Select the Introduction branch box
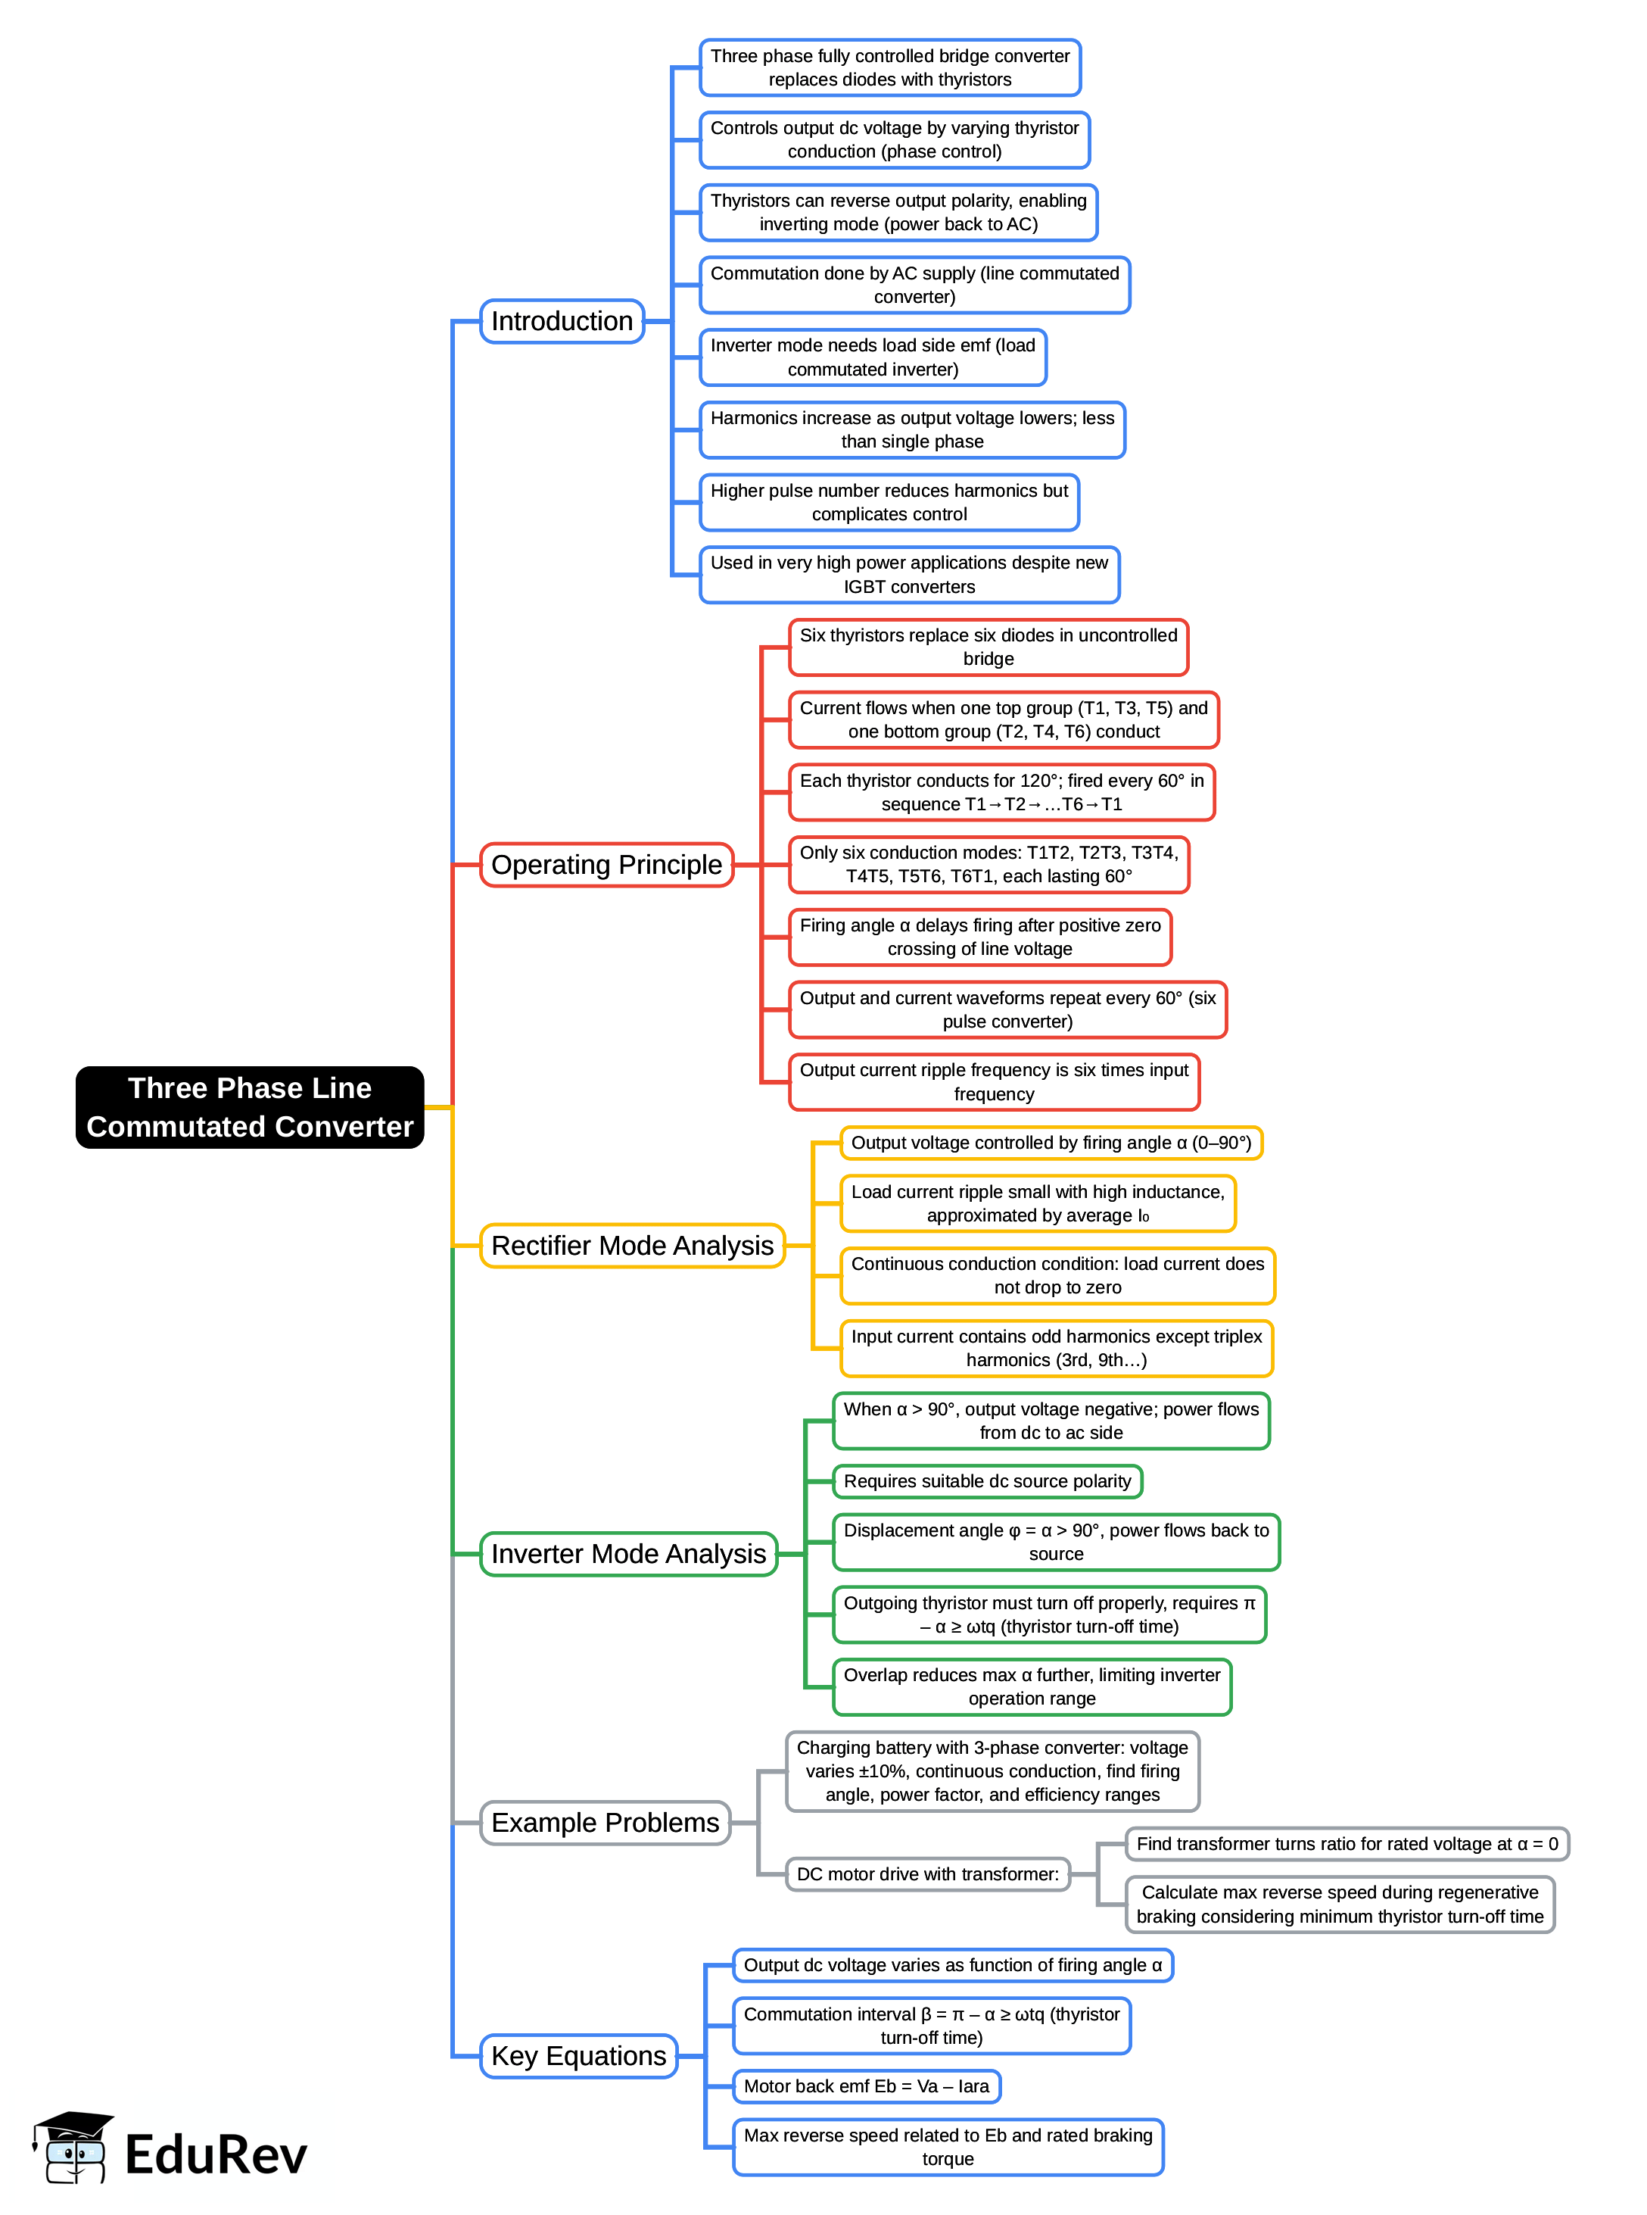coord(562,321)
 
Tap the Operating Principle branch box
coord(606,865)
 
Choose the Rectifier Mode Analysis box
coord(632,1246)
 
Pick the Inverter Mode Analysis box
coord(628,1554)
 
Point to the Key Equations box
coord(578,2057)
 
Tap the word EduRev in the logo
coord(216,2155)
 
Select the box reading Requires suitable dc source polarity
coord(987,1481)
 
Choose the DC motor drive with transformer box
coord(927,1874)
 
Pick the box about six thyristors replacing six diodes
coord(988,647)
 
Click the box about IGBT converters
coord(909,575)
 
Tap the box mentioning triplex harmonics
coord(1057,1349)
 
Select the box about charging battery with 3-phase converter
coord(992,1771)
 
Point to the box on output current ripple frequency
coord(994,1082)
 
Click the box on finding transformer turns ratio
coord(1347,1844)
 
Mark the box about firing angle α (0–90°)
coord(1051,1143)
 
